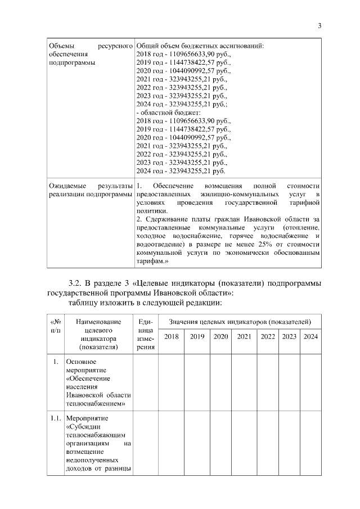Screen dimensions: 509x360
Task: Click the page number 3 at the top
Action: pos(319,25)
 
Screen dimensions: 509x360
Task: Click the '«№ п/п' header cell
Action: pos(56,325)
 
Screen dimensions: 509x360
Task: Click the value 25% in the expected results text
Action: pos(264,245)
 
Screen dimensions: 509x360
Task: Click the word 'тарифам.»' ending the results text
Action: pos(153,262)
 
